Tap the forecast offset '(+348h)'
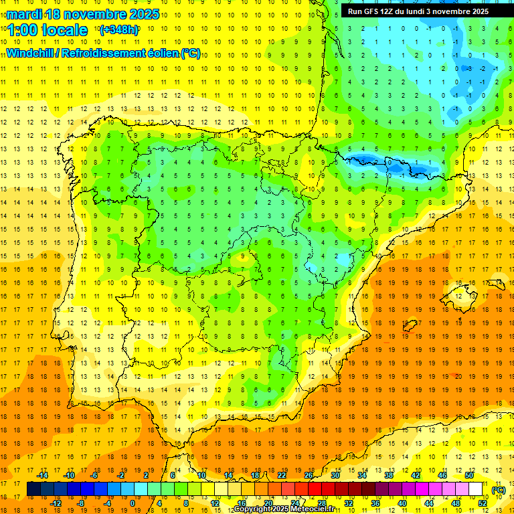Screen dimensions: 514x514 (x=119, y=30)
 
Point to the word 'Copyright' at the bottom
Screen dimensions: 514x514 (x=254, y=509)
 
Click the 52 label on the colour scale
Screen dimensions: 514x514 (x=483, y=503)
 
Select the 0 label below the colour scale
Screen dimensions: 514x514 (x=132, y=503)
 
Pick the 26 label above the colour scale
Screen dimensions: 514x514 (x=309, y=475)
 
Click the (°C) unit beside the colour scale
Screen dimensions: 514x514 (x=498, y=489)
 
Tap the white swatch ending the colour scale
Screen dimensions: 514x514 (x=476, y=489)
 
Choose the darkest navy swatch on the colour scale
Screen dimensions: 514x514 (x=33, y=489)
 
